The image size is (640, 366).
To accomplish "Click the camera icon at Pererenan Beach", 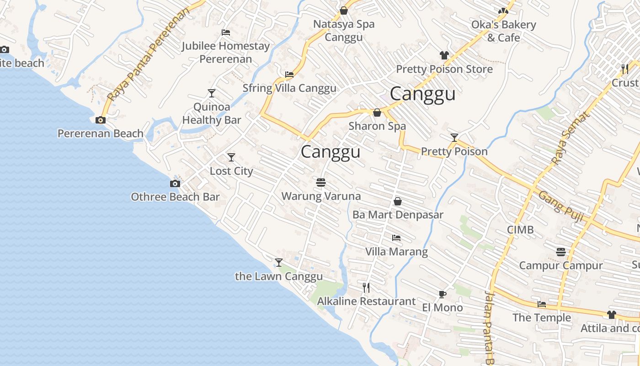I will [x=101, y=120].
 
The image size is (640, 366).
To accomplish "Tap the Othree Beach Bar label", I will [x=175, y=197].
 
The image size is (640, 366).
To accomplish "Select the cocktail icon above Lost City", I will [x=231, y=157].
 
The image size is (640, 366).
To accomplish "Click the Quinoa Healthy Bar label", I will [x=212, y=113].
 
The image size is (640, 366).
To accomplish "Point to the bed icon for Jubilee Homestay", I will [x=226, y=32].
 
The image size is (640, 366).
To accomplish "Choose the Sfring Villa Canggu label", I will [x=289, y=88].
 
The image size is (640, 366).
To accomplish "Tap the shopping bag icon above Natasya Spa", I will [x=344, y=11].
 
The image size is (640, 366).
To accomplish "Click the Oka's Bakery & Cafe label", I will [x=504, y=31].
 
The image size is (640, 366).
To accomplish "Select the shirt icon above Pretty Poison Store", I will [x=444, y=55].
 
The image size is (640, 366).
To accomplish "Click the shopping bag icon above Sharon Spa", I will [x=377, y=113].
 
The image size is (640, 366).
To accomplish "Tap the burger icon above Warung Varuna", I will [x=321, y=183].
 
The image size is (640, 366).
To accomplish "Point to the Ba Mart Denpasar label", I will [x=398, y=215].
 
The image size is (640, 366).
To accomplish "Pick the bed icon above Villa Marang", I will [x=396, y=238].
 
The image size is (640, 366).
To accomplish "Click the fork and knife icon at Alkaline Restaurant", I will [x=366, y=287].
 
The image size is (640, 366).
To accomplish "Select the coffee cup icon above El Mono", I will [x=442, y=294].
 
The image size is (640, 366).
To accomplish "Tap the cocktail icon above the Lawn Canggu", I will [x=279, y=262].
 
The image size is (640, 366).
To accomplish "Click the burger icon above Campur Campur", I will [x=561, y=252].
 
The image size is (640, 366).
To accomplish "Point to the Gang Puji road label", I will [x=561, y=206].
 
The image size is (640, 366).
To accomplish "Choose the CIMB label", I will [x=520, y=230].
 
